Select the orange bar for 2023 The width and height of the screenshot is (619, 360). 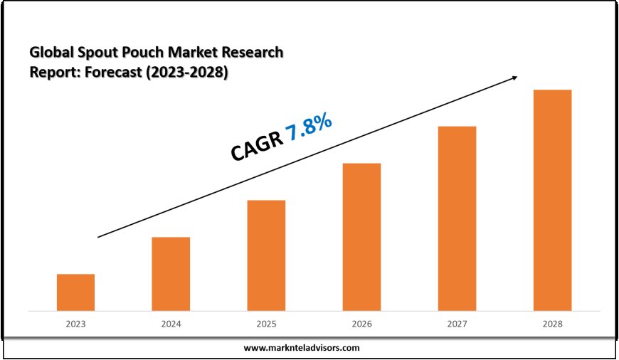(75, 292)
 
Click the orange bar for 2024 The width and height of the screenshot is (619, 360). (171, 274)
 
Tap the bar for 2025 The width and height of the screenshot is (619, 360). (266, 255)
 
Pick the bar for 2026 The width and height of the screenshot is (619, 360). (361, 237)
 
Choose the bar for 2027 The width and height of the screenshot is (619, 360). (457, 218)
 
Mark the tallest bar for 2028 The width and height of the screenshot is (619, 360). (552, 200)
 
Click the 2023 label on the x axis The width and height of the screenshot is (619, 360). (75, 324)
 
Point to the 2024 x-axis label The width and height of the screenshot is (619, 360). (171, 324)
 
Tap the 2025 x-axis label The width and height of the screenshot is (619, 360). (266, 324)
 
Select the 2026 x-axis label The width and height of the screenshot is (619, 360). (361, 324)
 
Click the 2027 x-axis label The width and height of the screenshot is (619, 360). (457, 324)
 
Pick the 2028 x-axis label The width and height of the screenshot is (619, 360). (552, 324)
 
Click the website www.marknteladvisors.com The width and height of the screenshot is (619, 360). (302, 348)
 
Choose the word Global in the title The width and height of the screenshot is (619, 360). (49, 53)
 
